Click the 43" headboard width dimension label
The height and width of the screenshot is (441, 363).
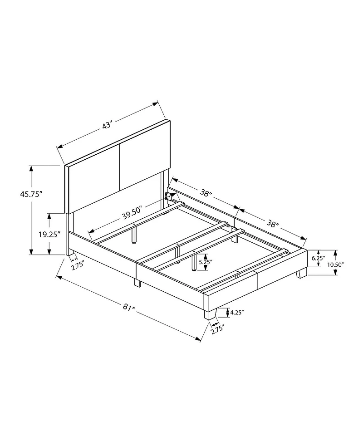point(107,125)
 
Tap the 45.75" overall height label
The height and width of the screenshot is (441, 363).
point(31,194)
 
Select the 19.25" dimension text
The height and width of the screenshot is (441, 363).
point(50,234)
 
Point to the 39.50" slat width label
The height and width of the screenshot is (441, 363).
point(132,213)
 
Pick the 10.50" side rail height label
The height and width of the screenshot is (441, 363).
point(335,265)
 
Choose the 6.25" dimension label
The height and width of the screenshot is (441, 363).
point(318,258)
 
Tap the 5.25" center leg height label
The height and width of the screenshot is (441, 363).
point(206,262)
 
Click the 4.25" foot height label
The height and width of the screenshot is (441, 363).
point(237,312)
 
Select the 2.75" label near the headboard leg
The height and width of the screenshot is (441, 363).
point(78,265)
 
